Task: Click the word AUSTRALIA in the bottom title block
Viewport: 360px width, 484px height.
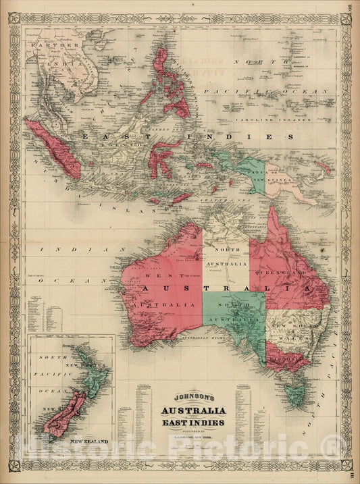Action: [x=184, y=411]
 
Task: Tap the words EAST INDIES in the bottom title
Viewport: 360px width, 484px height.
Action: [x=184, y=423]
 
